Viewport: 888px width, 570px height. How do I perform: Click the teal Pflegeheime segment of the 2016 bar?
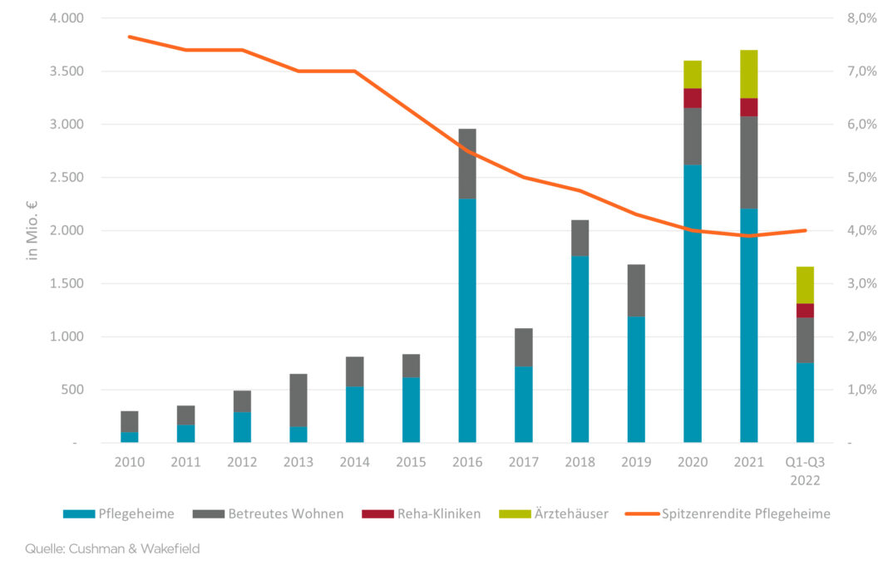467,320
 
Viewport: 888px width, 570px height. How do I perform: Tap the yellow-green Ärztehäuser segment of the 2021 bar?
749,73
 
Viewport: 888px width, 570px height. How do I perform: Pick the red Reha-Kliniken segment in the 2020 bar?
693,97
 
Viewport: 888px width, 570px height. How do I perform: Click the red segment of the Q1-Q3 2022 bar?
805,310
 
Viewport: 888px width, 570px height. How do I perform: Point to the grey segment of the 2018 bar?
580,238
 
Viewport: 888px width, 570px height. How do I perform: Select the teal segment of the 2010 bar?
129,436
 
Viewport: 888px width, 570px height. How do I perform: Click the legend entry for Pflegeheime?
119,513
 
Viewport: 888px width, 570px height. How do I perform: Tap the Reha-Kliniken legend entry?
421,513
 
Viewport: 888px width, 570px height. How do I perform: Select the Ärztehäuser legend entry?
553,513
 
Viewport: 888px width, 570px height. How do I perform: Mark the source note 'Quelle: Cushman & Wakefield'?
112,548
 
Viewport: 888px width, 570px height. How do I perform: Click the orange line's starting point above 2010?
129,37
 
